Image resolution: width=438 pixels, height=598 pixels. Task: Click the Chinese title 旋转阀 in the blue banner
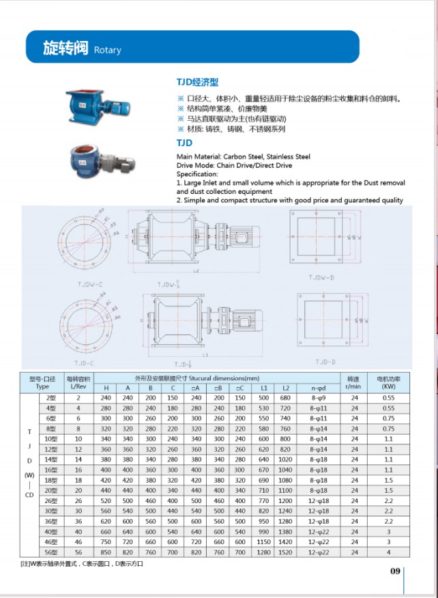pos(65,48)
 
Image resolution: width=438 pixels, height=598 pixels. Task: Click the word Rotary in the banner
pos(107,50)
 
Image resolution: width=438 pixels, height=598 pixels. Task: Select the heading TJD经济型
pos(197,82)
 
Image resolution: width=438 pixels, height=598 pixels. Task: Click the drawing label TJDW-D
pos(321,278)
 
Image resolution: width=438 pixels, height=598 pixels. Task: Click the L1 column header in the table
pos(263,387)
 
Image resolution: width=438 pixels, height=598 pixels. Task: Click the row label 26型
pos(50,500)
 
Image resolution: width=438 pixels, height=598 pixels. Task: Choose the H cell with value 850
pos(106,552)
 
